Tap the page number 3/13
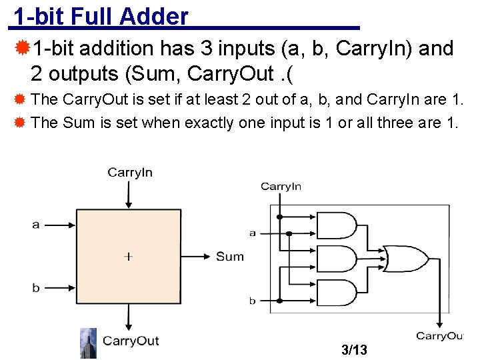pyautogui.click(x=353, y=349)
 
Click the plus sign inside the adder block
pyautogui.click(x=128, y=256)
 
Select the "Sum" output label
pyautogui.click(x=230, y=257)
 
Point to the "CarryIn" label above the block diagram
pyautogui.click(x=130, y=173)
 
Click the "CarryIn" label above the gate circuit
pyautogui.click(x=281, y=187)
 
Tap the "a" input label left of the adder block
pyautogui.click(x=36, y=225)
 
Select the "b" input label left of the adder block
pyautogui.click(x=36, y=288)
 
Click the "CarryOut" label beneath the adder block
pyautogui.click(x=131, y=341)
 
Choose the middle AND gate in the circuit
pyautogui.click(x=337, y=259)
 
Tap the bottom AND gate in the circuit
pyautogui.click(x=337, y=291)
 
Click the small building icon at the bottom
pyautogui.click(x=88, y=343)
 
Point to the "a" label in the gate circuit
pyautogui.click(x=253, y=233)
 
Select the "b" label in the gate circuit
pyautogui.click(x=253, y=301)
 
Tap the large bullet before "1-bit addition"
pyautogui.click(x=22, y=48)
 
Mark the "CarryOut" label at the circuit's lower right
pyautogui.click(x=439, y=336)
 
